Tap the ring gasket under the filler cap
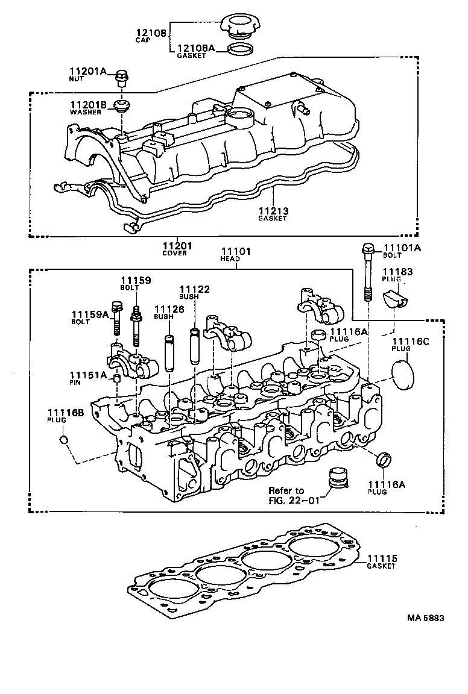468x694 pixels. point(241,49)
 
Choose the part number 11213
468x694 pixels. point(273,211)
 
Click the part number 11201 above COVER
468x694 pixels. point(177,245)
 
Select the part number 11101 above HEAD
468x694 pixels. point(236,251)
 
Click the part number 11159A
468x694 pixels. point(90,314)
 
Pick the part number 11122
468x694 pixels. point(194,290)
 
